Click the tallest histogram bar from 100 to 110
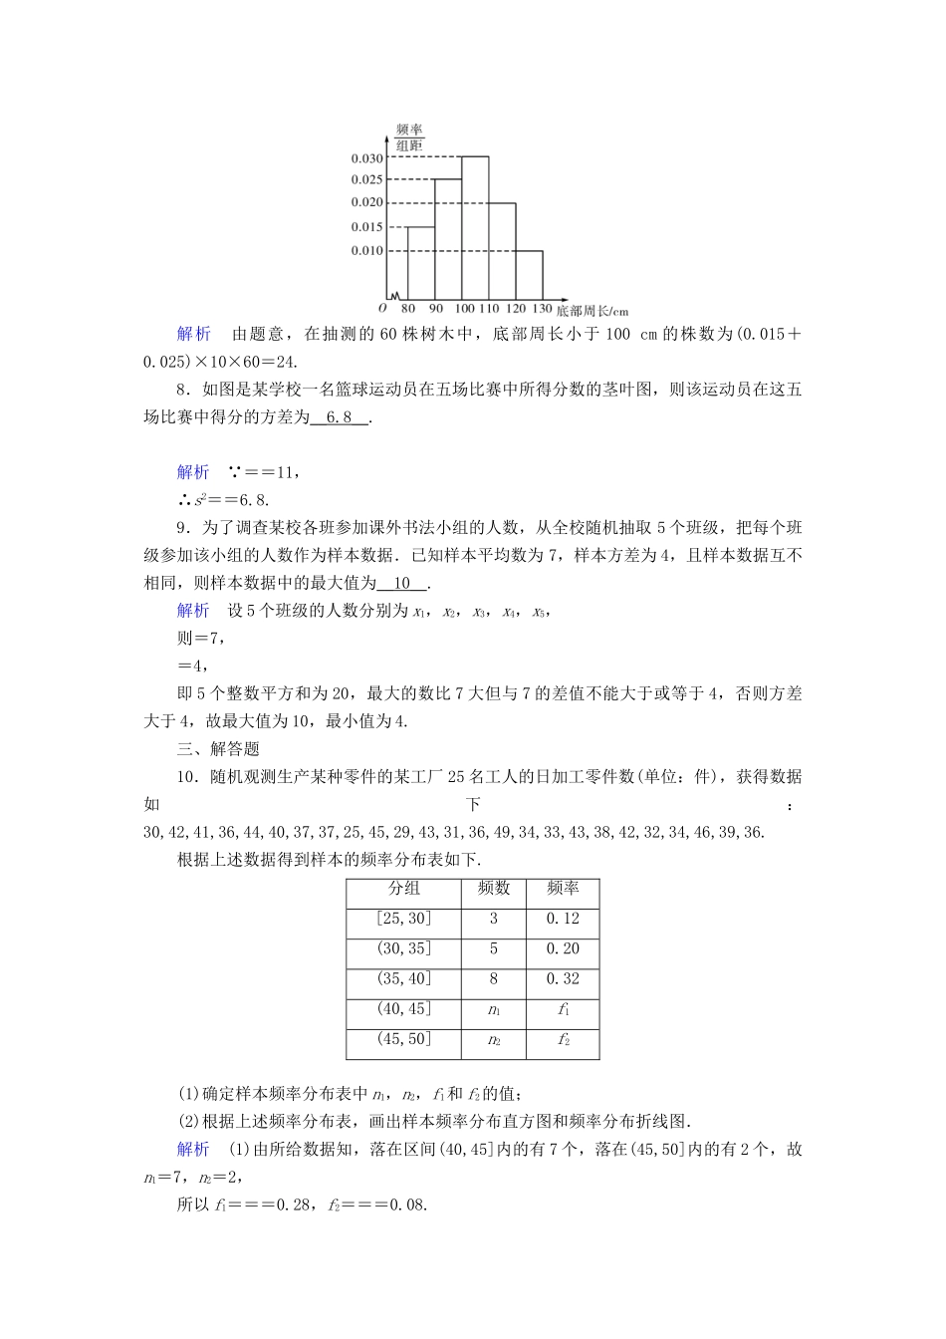tap(474, 227)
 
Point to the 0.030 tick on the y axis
tap(366, 158)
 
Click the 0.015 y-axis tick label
tap(366, 227)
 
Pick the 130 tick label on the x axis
tap(542, 309)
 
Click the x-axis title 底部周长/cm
tap(592, 311)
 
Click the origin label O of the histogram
tap(382, 309)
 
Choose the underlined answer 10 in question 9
tap(402, 584)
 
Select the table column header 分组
tap(404, 889)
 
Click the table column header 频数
tap(493, 889)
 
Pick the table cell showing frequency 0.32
tap(563, 979)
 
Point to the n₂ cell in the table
tap(493, 1040)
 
